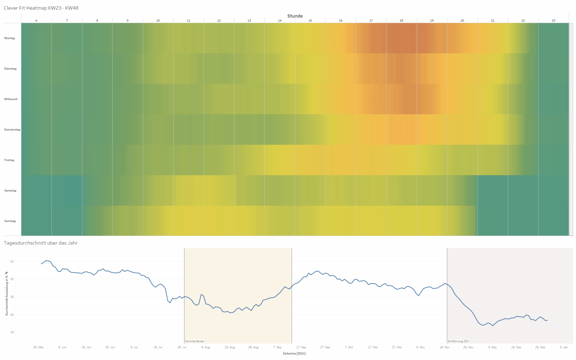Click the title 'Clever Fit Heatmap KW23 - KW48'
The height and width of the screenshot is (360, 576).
41,8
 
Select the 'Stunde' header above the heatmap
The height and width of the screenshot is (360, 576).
295,16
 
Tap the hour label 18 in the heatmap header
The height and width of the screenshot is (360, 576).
401,21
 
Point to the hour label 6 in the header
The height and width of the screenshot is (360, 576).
36,21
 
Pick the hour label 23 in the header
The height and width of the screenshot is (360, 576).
553,21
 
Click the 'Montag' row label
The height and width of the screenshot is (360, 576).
10,38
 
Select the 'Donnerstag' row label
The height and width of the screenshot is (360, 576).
12,130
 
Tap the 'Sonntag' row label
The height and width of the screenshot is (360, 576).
10,221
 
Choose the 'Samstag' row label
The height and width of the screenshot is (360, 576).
10,190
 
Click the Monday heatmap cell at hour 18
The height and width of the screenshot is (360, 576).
401,38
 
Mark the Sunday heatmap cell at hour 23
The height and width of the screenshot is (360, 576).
553,221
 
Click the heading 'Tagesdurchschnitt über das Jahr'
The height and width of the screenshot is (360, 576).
40,243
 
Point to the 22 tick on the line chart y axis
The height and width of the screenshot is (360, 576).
12,262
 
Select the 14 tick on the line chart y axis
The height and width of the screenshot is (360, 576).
12,332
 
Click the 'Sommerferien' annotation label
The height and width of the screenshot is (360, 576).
195,341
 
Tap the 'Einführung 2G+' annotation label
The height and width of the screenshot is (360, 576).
458,341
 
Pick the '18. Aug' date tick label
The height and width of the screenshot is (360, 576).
229,347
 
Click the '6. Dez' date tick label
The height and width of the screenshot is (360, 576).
492,347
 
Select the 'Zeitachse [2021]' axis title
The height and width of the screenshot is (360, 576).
294,353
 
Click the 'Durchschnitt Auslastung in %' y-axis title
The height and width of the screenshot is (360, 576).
7,294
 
